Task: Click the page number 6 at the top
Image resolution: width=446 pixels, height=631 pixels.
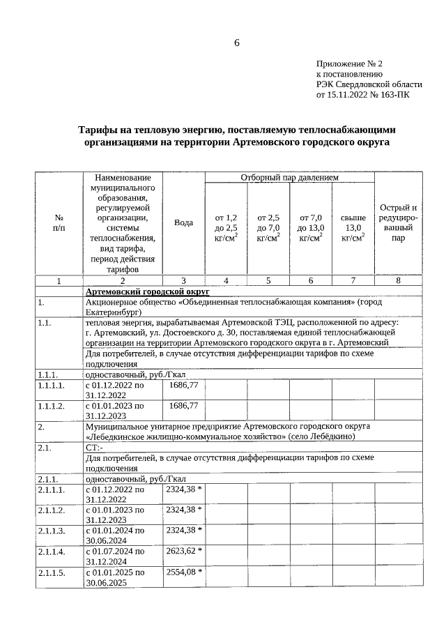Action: point(236,43)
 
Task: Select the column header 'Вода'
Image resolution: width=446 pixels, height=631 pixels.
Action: point(183,222)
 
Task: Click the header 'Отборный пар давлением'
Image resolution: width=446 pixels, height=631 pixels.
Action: point(289,178)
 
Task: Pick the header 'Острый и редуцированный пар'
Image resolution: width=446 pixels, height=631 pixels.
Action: point(398,222)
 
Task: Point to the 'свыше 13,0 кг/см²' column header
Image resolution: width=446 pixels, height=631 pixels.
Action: point(353,228)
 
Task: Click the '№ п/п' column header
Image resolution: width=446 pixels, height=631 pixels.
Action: point(59,223)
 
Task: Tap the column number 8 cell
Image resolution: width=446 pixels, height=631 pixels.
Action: point(398,280)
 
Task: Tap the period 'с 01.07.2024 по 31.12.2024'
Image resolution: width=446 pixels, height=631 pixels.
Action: point(115,556)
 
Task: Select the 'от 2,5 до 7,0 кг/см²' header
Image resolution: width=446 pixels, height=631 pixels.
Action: point(268,228)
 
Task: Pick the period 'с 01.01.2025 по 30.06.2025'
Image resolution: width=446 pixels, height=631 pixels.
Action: point(115,577)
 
